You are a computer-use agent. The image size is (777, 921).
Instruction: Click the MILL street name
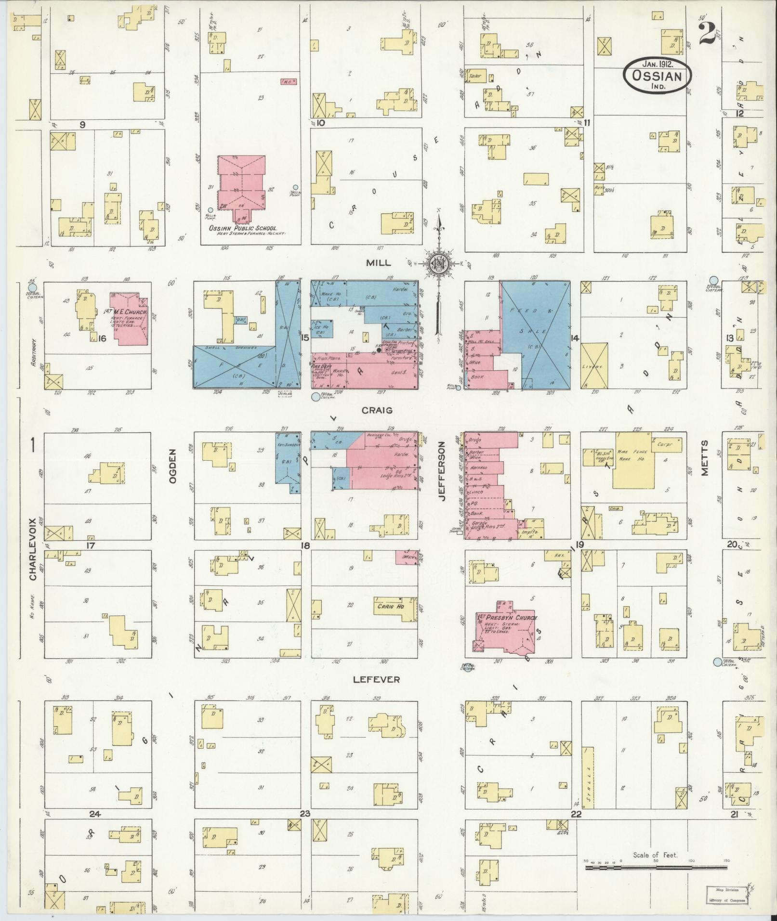click(x=379, y=262)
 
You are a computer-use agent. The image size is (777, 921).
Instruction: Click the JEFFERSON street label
click(x=441, y=472)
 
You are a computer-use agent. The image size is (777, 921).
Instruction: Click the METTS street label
click(x=705, y=458)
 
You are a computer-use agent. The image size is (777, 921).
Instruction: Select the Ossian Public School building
click(x=241, y=185)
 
